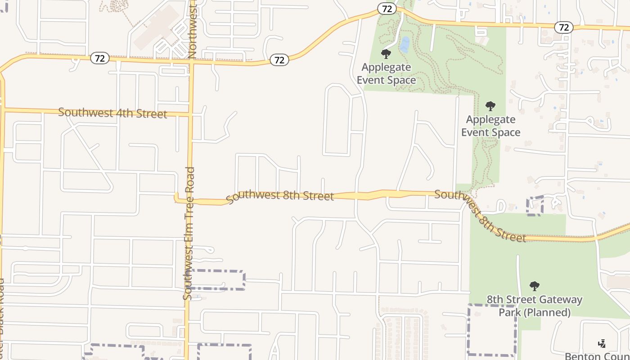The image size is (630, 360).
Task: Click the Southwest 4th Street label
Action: (112, 113)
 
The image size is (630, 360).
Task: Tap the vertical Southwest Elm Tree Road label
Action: (189, 233)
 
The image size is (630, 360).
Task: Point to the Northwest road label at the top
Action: (193, 30)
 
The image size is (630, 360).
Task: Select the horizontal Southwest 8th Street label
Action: (280, 196)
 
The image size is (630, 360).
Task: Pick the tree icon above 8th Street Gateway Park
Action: (535, 286)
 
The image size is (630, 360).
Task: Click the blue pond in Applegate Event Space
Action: (405, 44)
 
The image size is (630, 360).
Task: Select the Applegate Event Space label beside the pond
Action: (386, 74)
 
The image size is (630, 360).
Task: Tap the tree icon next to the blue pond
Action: (386, 54)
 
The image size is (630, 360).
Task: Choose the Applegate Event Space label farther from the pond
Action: (490, 126)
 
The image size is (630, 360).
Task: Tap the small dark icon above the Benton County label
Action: (602, 344)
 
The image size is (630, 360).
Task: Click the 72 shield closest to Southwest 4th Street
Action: (100, 58)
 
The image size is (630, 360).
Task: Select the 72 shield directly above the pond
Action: (387, 9)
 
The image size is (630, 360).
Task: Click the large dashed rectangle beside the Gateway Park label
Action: (492, 330)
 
